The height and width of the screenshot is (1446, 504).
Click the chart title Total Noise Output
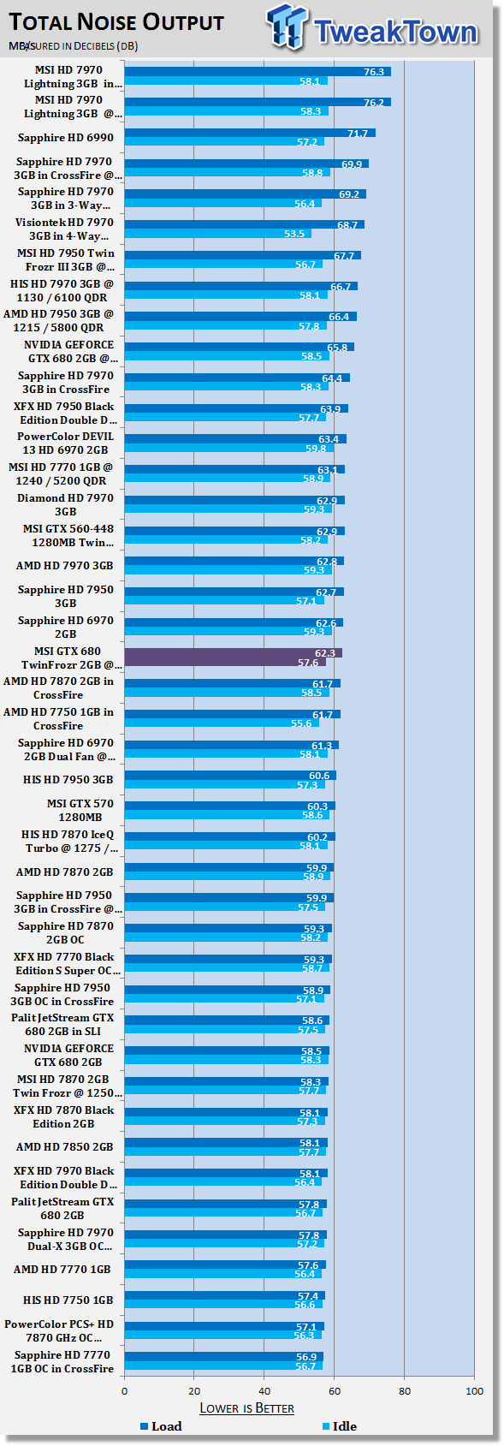(x=116, y=22)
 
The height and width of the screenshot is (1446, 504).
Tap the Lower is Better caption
(x=246, y=1407)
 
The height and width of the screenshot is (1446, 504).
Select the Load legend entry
(x=160, y=1426)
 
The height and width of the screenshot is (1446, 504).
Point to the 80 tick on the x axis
(x=404, y=1390)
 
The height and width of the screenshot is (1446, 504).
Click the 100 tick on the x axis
(x=473, y=1390)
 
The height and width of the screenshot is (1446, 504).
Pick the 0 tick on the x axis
(x=125, y=1390)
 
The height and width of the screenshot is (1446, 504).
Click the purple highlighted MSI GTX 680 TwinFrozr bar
(x=233, y=658)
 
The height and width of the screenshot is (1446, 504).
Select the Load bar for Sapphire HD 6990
(x=249, y=133)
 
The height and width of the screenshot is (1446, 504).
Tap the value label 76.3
(x=373, y=72)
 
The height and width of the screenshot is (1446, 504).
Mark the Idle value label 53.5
(x=294, y=234)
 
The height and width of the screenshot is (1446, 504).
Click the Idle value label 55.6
(x=301, y=723)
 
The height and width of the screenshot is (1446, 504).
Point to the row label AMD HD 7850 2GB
(x=64, y=1146)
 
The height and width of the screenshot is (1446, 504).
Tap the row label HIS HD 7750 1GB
(x=68, y=1300)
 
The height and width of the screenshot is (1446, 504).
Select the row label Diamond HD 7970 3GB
(x=65, y=504)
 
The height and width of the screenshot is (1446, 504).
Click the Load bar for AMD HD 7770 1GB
(x=224, y=1265)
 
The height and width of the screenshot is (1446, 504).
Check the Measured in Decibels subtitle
(x=74, y=45)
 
